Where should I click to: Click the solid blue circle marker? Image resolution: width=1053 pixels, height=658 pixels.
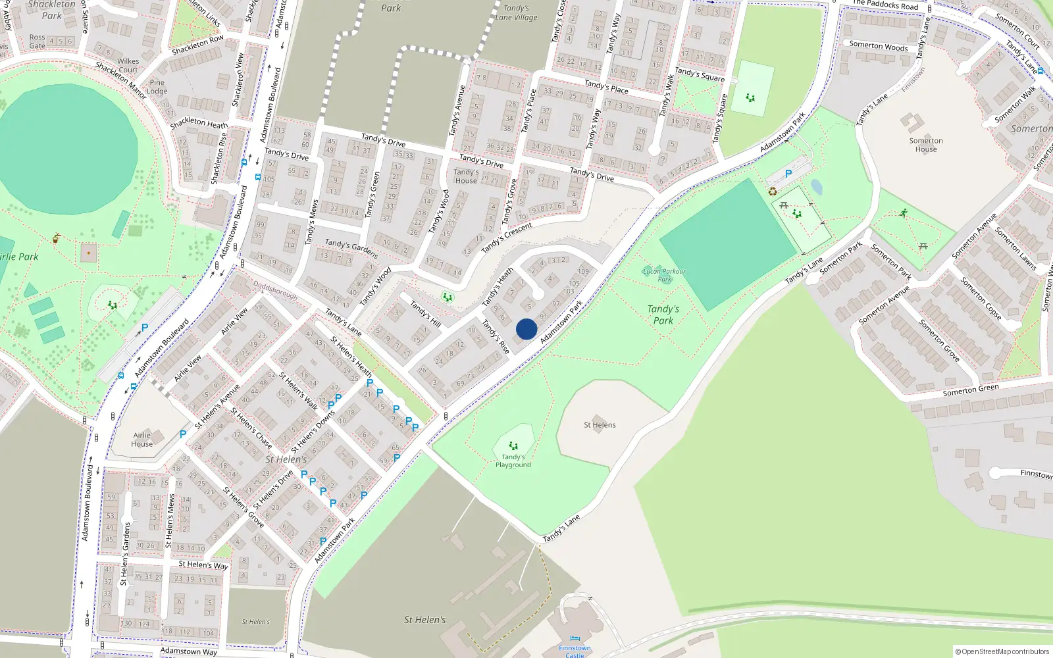[x=526, y=329]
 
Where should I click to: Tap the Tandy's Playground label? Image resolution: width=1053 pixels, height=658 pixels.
[x=513, y=461]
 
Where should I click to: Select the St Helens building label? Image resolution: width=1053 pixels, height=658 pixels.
[x=600, y=425]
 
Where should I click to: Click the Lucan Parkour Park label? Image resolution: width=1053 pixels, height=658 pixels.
[x=664, y=275]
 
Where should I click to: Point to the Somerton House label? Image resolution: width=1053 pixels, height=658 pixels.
[x=926, y=145]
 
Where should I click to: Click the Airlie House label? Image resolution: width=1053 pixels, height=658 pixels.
[x=142, y=440]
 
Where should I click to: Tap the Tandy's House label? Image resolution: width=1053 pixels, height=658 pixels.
[x=466, y=176]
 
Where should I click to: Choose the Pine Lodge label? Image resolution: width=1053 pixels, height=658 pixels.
[x=157, y=87]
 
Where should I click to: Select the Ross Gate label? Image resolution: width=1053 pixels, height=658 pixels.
[x=38, y=41]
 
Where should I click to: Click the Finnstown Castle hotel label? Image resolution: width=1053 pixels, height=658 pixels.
[x=575, y=651]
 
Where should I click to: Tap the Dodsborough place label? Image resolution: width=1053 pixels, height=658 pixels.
[x=276, y=291]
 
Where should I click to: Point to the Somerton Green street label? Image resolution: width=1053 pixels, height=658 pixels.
[x=971, y=390]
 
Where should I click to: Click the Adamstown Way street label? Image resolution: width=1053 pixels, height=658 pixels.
[x=188, y=651]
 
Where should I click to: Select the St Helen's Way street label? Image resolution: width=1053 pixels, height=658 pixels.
[x=203, y=565]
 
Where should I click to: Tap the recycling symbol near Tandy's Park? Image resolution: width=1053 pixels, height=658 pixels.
[x=773, y=191]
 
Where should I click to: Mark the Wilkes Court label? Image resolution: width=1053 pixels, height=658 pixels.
[x=128, y=65]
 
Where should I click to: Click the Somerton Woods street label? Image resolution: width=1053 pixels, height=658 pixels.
[x=878, y=46]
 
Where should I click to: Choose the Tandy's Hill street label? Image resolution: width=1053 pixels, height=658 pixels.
[x=425, y=314]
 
